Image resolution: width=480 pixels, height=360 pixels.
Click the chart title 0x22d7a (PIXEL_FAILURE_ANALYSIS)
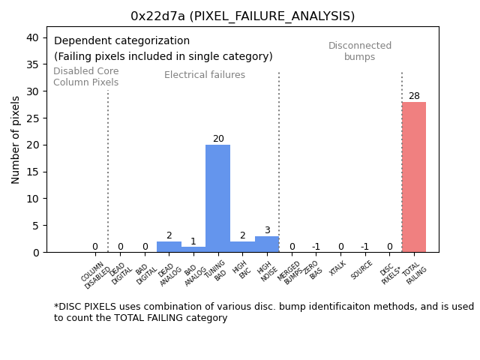[242, 16]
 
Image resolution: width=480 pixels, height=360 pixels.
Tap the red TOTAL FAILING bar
[413, 177]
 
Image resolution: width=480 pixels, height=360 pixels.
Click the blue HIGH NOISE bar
[266, 244]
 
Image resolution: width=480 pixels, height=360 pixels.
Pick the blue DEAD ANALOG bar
[169, 247]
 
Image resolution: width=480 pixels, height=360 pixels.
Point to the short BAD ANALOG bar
[193, 249]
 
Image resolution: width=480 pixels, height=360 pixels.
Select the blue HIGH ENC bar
[242, 247]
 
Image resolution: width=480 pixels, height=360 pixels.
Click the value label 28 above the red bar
[414, 96]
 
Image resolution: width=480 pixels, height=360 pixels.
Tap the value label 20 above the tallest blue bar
[218, 139]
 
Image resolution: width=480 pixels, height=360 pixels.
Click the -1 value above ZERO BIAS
[316, 247]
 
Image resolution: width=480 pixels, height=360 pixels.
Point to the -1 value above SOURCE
[364, 247]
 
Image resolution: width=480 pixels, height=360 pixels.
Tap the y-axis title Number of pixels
[16, 139]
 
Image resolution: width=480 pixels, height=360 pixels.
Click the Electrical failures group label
[205, 75]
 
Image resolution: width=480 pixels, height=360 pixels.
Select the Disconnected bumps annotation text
[360, 51]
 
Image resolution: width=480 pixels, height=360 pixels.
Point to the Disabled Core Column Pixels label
[85, 76]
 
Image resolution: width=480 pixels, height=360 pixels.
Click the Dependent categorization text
[121, 41]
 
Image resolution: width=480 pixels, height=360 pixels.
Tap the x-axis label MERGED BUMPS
[290, 273]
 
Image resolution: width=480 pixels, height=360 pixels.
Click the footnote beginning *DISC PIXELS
[263, 312]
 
